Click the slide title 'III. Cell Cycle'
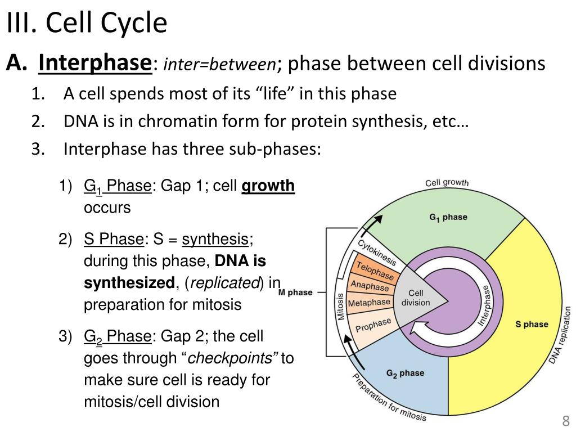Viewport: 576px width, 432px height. pos(87,24)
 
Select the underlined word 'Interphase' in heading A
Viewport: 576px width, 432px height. pos(95,64)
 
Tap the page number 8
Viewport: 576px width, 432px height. pos(565,421)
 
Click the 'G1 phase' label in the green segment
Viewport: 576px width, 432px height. pos(448,218)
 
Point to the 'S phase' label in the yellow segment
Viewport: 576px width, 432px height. pos(532,324)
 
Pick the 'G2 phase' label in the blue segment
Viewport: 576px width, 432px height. pos(405,373)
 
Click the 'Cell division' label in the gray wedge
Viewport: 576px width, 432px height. pos(415,298)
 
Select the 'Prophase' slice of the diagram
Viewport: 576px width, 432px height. pos(373,326)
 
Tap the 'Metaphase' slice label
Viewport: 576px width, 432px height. pos(369,303)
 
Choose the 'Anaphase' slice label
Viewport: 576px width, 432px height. pos(370,286)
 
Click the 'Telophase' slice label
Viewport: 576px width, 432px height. pos(375,271)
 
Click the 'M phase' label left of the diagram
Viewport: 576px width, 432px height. pos(295,292)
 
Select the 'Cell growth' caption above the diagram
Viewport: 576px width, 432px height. pos(447,182)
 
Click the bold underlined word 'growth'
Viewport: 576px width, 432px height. pos(268,186)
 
